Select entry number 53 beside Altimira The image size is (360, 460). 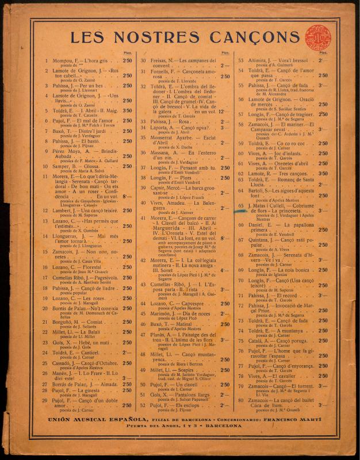point(242,60)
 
